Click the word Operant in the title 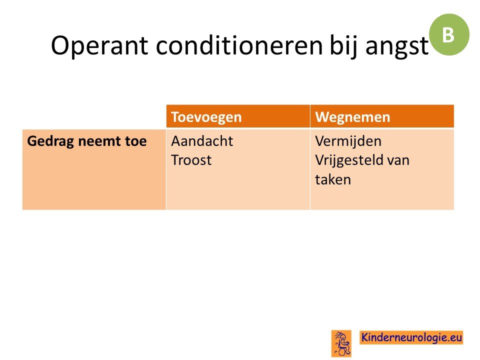pos(99,46)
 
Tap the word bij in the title pos(343,46)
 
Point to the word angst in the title pos(396,47)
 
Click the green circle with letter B pos(449,34)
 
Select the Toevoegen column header pos(206,117)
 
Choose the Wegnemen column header pos(352,117)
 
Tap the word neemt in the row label pos(99,141)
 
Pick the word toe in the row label pos(135,141)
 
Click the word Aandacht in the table pos(202,141)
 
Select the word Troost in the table pos(191,160)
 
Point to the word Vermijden pos(348,141)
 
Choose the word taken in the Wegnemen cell pos(333,179)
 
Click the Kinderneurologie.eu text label pos(411,337)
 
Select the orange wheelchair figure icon pos(341,343)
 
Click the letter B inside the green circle pos(448,35)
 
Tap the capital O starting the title pos(60,45)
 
